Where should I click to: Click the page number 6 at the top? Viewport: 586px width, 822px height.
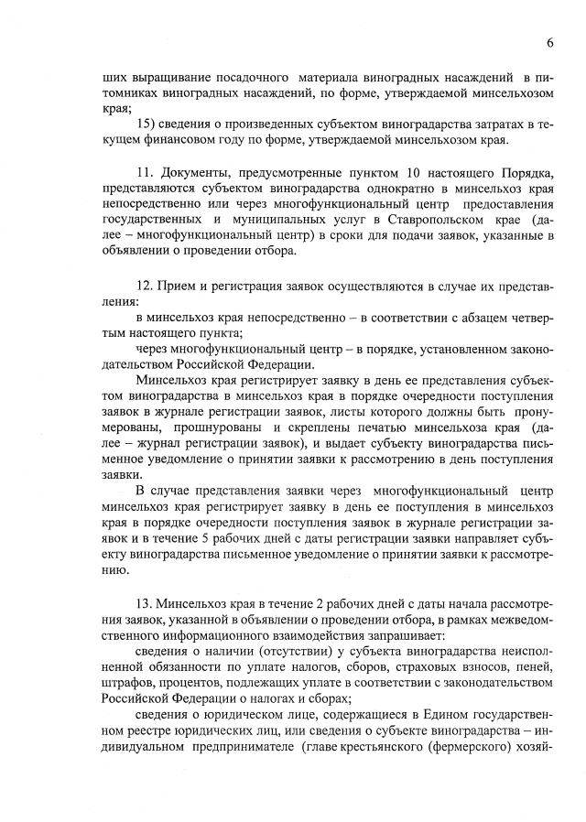[x=550, y=42]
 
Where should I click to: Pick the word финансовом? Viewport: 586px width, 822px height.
[x=180, y=141]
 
